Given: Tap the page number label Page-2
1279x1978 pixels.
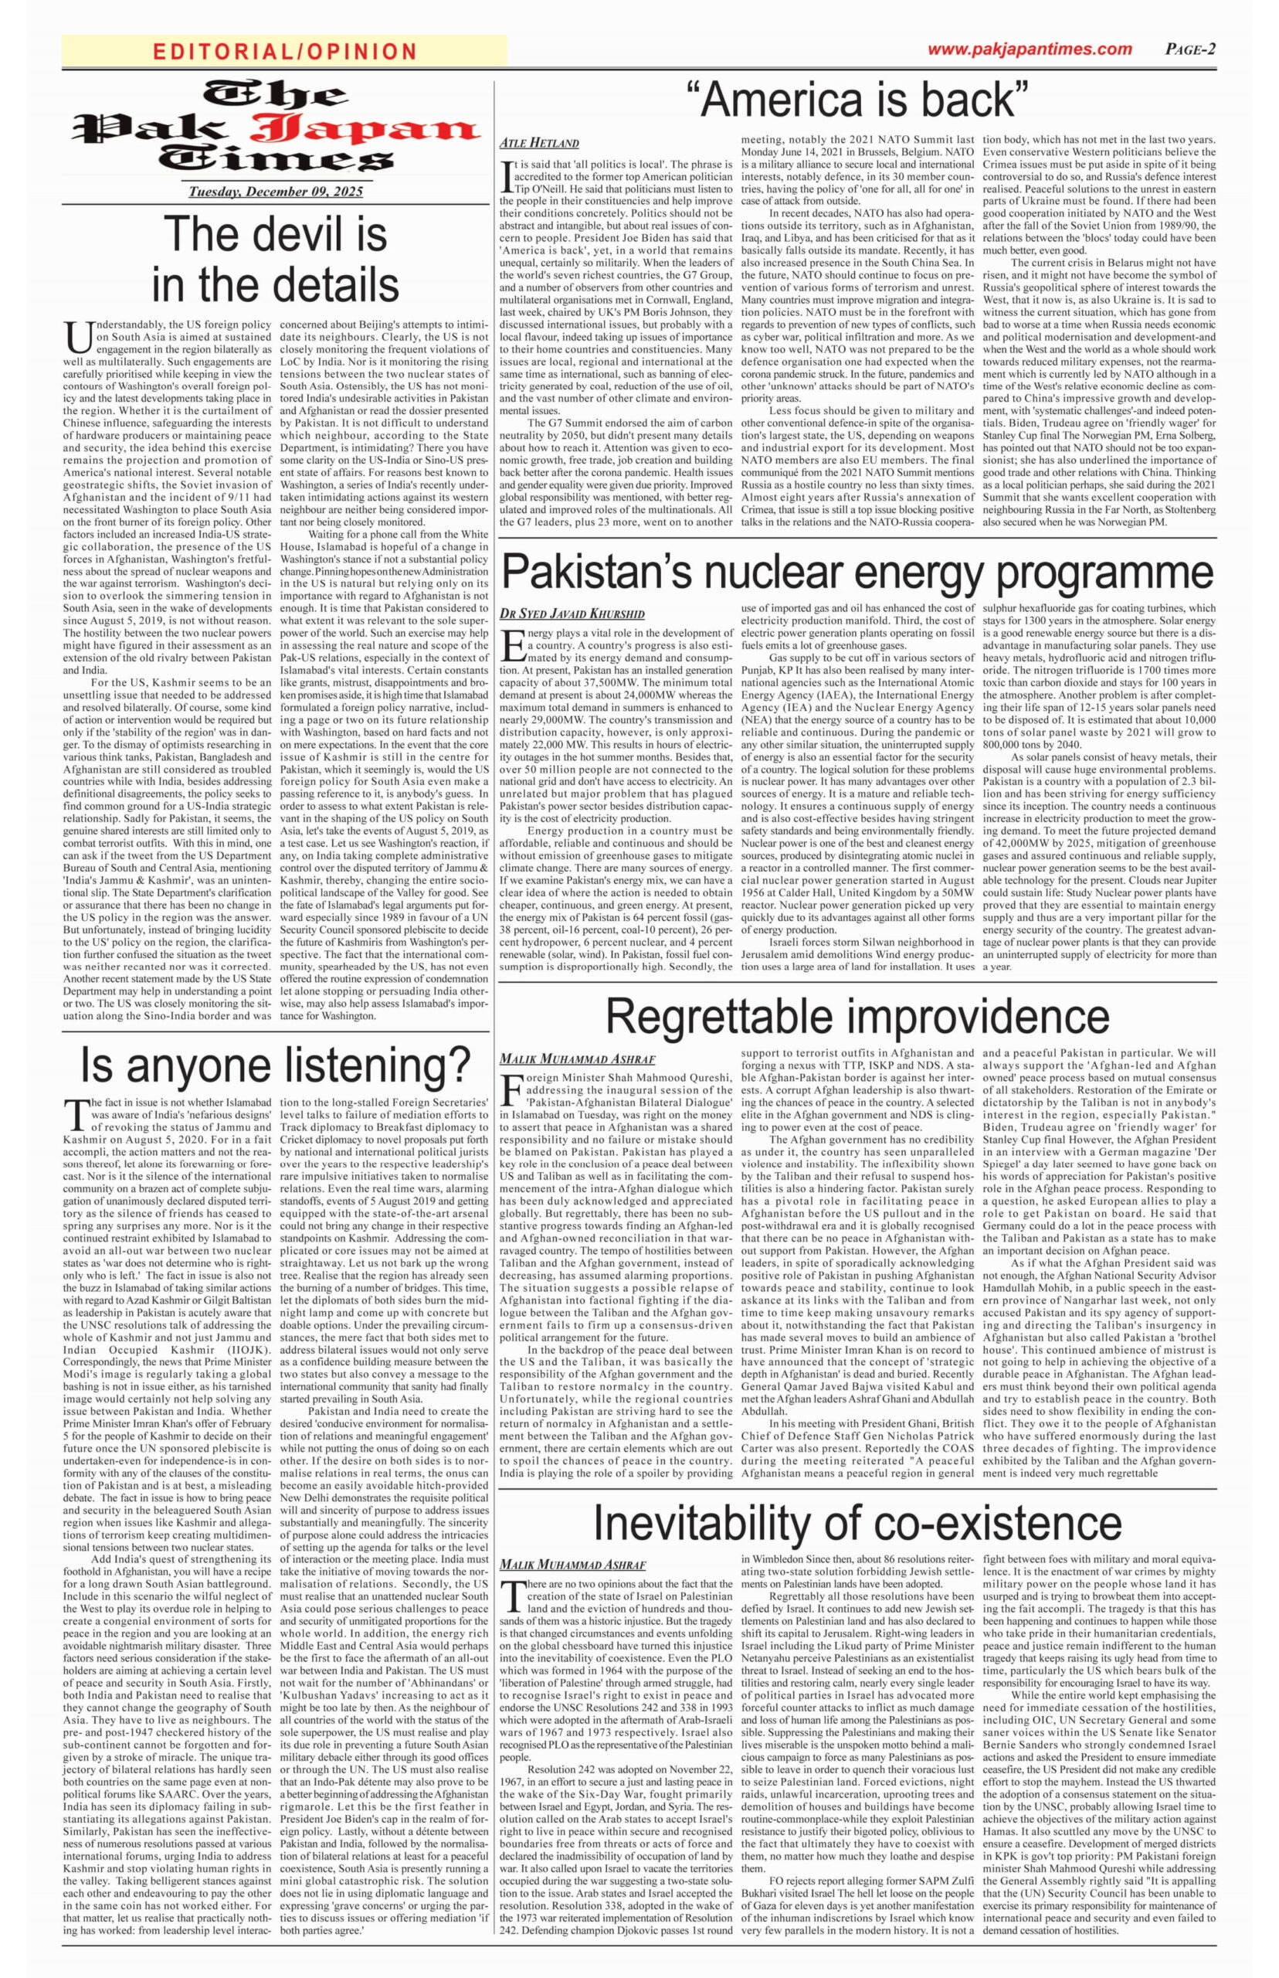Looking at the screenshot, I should pos(1190,49).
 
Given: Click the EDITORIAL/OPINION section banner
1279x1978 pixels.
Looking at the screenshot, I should pos(285,52).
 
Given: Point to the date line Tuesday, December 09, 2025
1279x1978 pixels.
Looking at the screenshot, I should pos(276,192).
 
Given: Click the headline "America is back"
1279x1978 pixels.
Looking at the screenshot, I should pos(857,100).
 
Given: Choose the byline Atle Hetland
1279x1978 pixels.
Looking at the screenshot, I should pos(539,143).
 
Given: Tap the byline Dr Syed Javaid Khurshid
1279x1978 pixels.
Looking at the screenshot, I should pos(572,614).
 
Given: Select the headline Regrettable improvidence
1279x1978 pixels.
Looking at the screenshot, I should pos(857,1015).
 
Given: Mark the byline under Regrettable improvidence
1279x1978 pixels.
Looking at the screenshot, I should pos(577,1059).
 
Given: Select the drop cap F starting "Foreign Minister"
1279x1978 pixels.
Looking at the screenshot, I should pos(512,1086).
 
